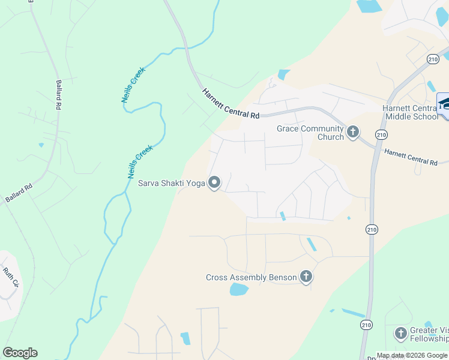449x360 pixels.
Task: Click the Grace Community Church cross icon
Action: (x=353, y=131)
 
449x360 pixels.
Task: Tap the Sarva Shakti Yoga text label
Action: (x=171, y=184)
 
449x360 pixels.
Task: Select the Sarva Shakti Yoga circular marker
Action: (x=214, y=184)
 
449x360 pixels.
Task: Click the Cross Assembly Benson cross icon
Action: (x=306, y=277)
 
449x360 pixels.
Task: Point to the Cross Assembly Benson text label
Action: (x=251, y=277)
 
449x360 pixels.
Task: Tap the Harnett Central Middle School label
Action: (x=412, y=112)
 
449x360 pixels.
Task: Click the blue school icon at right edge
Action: (x=444, y=106)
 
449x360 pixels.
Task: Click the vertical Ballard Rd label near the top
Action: (x=59, y=95)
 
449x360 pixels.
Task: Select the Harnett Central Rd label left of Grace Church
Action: (x=231, y=103)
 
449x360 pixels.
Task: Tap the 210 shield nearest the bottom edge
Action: (x=367, y=325)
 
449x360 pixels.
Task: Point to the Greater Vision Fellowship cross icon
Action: (x=400, y=333)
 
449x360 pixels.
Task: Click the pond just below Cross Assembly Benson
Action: (x=239, y=290)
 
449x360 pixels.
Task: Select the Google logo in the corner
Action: (x=20, y=353)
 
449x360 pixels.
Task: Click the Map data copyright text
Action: (x=412, y=355)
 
